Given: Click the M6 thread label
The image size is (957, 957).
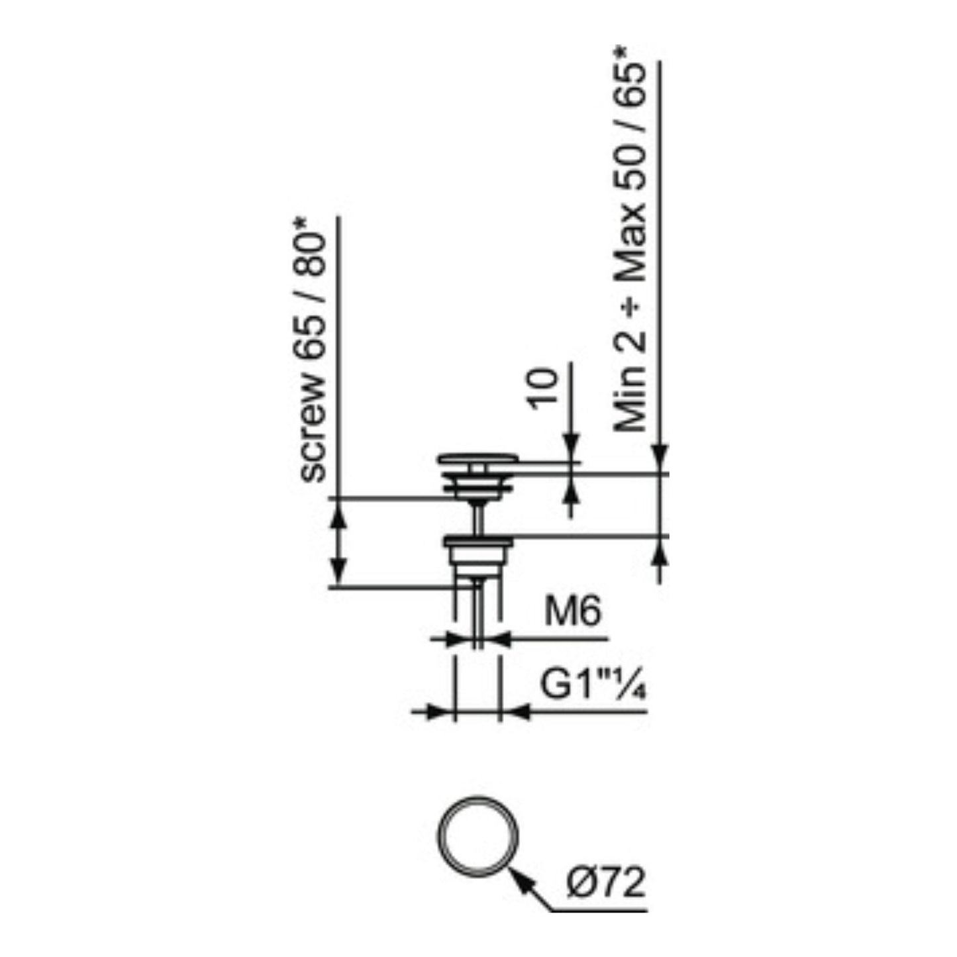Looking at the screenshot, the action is pos(573,611).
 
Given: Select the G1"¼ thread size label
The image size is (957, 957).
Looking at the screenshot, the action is pos(593,686).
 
